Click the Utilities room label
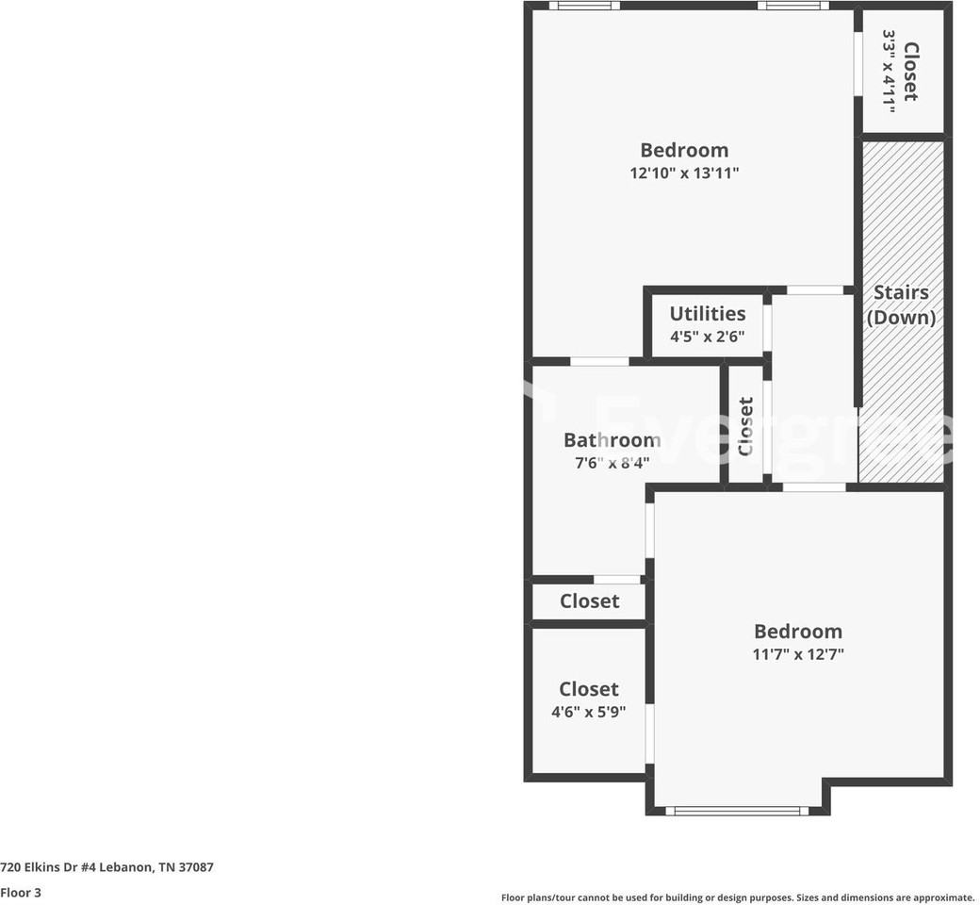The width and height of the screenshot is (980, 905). point(707,314)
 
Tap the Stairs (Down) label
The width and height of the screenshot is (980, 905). point(901,304)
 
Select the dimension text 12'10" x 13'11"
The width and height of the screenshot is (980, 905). point(684,173)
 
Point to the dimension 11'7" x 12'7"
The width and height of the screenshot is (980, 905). point(797,654)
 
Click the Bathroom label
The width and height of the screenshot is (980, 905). point(612,439)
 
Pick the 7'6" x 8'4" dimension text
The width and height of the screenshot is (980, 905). point(612,463)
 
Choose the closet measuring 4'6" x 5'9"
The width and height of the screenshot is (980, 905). point(589,699)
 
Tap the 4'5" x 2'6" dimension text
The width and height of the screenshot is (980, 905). point(707,337)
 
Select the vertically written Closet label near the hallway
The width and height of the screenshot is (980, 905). point(745,427)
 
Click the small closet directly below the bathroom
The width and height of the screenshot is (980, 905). point(589,601)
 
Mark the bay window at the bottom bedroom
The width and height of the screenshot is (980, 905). point(736,810)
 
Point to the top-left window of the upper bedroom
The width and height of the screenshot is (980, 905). point(584,6)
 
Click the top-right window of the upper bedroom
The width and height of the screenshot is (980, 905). point(792,6)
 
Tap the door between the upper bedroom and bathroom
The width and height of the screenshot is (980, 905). point(599,361)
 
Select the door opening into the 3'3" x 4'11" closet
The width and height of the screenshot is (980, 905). point(857,64)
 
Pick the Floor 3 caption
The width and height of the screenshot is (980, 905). point(21,892)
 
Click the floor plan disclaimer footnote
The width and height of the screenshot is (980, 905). point(737,897)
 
